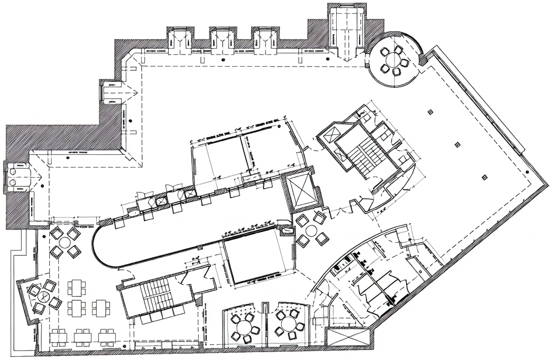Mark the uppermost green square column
(430, 112)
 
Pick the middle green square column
(458, 144)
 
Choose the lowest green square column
(484, 178)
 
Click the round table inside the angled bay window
(42, 297)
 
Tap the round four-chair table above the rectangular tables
(64, 242)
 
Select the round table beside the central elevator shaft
(311, 230)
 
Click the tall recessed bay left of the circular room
(346, 29)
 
